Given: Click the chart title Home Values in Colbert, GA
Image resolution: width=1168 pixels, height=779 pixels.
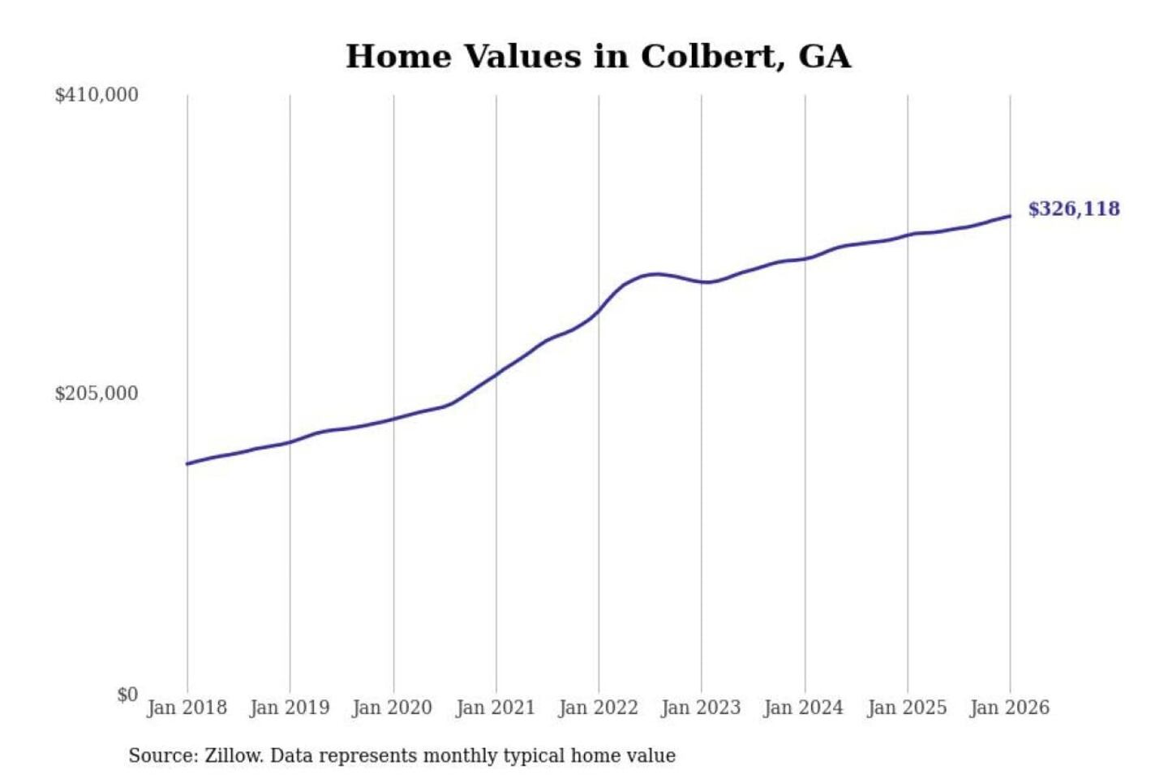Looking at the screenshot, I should click(598, 56).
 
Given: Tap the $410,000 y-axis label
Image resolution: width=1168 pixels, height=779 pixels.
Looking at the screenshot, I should click(97, 95).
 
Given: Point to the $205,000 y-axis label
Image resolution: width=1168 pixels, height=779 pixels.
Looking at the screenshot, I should click(97, 394).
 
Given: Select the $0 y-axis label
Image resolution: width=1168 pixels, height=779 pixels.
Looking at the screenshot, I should click(127, 695).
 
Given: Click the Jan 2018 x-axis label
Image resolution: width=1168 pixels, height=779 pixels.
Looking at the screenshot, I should click(187, 708).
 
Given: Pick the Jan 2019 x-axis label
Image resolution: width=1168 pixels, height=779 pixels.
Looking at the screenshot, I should click(290, 708).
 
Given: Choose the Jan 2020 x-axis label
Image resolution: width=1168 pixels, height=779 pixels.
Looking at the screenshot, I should click(392, 708).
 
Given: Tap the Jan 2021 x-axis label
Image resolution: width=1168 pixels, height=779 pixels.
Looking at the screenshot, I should click(496, 708).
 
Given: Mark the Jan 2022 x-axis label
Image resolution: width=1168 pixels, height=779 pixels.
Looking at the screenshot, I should click(599, 708).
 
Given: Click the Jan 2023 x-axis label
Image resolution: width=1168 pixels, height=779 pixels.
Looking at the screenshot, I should click(701, 708).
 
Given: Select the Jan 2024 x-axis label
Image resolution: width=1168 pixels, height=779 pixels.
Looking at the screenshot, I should click(804, 708).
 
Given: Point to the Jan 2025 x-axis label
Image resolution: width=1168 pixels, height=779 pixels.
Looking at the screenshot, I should click(907, 708).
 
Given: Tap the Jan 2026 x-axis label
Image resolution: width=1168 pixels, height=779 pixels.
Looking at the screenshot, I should click(1010, 708).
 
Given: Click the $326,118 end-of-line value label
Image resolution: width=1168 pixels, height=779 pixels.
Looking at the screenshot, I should click(1074, 209).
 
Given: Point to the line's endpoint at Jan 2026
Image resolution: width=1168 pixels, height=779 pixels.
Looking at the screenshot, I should click(1010, 216).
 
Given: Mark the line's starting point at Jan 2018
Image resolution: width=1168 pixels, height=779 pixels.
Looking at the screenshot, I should click(187, 463).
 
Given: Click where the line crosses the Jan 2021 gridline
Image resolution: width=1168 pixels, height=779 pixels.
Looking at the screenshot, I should click(496, 374).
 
